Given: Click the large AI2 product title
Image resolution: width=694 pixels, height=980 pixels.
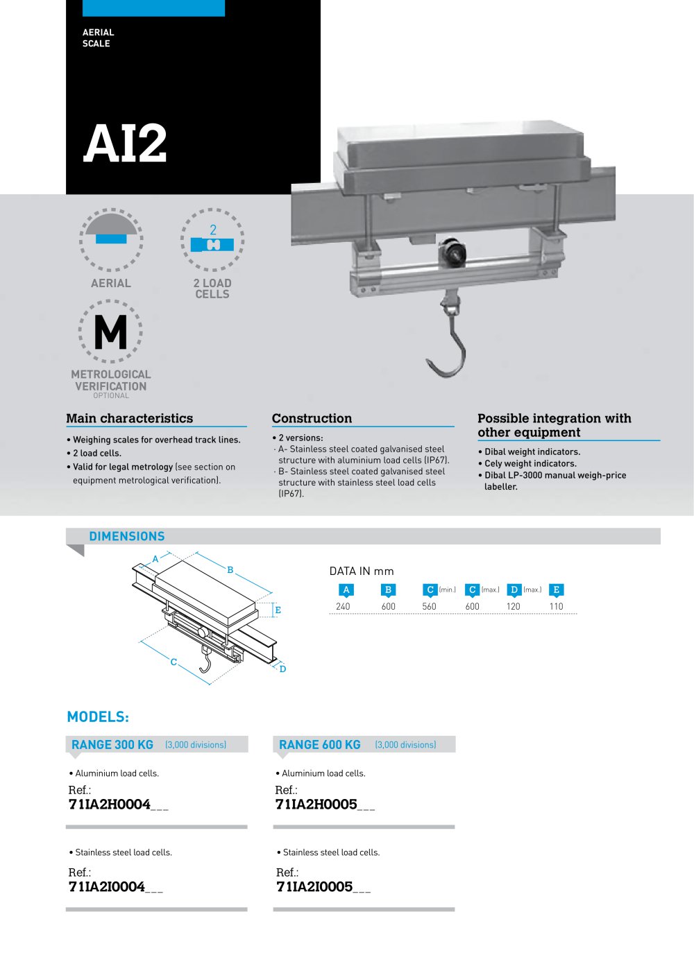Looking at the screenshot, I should click(x=125, y=144).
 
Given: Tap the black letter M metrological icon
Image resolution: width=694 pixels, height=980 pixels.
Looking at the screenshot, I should click(x=110, y=332).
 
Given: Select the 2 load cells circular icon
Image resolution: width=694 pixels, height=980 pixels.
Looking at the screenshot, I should click(x=212, y=240).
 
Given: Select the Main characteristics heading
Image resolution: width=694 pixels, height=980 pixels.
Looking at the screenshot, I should click(x=130, y=418).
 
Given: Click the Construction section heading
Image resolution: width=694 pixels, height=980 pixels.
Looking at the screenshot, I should click(x=312, y=418).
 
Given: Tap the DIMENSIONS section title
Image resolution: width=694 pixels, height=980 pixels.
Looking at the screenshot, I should click(x=127, y=536).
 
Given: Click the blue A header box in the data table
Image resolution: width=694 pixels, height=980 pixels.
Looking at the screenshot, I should click(x=346, y=590).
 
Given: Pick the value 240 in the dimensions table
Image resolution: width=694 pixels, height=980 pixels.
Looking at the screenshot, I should click(x=343, y=606).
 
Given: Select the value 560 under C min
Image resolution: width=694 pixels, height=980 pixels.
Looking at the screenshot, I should click(x=429, y=606).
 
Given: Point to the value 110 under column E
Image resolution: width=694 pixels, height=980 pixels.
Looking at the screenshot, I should click(x=556, y=606).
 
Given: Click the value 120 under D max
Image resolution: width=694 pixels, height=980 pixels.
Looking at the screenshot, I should click(x=513, y=606).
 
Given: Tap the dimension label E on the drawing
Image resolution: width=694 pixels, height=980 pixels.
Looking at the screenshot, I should click(x=278, y=610).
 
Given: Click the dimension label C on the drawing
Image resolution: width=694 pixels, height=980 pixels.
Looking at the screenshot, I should click(x=173, y=662).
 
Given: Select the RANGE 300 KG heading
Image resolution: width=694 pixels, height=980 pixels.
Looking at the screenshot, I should click(x=112, y=744).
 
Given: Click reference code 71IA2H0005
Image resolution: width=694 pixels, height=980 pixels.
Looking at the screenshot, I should click(x=316, y=805).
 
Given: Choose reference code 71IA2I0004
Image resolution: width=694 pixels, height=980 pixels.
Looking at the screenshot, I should click(x=107, y=887).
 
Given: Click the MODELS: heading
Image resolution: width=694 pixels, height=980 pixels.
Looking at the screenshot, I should click(x=98, y=716).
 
